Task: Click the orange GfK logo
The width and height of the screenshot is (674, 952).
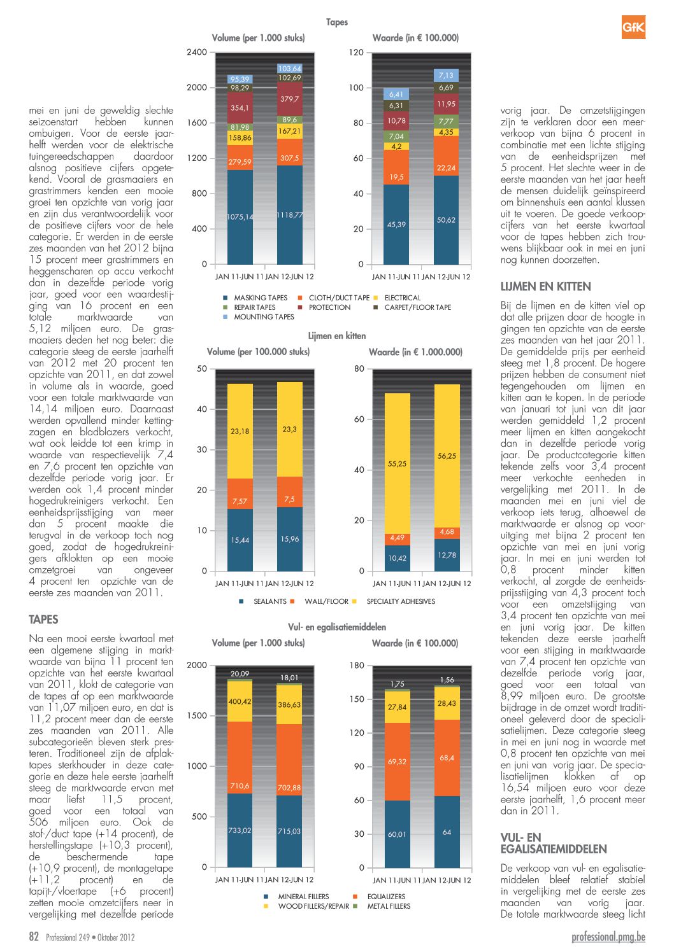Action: click(633, 27)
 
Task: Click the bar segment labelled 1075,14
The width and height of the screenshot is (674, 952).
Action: click(240, 217)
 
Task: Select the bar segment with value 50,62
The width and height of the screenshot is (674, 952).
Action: click(446, 220)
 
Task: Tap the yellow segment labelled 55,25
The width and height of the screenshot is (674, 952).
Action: click(397, 463)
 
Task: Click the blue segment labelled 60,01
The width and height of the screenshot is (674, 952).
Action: click(397, 834)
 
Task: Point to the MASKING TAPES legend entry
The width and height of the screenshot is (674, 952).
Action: click(255, 298)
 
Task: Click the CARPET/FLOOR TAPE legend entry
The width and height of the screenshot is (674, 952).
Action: click(412, 307)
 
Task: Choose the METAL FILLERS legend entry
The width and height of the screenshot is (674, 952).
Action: click(384, 906)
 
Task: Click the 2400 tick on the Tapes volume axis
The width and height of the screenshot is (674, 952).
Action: click(197, 52)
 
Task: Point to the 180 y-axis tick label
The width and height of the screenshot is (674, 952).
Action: click(356, 666)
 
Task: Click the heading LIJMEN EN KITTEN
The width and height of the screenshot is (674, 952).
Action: click(545, 286)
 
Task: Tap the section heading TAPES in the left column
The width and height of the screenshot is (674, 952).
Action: click(43, 619)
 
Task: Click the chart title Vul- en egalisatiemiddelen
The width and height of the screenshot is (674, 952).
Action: click(337, 627)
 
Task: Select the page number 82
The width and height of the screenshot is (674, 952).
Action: click(34, 937)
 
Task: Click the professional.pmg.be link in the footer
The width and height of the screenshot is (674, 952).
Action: click(608, 937)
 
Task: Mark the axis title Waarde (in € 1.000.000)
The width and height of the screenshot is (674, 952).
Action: click(416, 352)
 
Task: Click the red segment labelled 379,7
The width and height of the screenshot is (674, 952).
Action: click(289, 99)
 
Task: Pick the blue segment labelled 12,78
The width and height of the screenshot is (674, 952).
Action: click(447, 555)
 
